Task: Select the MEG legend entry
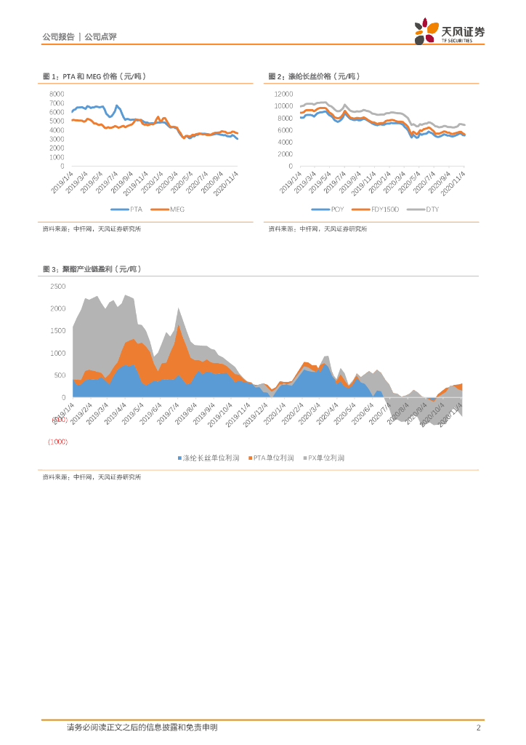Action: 172,210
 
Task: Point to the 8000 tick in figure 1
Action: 57,94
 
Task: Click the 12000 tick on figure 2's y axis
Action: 283,94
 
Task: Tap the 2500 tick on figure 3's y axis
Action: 58,286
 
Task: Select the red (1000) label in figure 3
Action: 57,442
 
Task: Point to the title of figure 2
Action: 314,76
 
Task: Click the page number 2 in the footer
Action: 478,728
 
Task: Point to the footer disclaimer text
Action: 142,728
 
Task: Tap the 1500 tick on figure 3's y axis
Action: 58,331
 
